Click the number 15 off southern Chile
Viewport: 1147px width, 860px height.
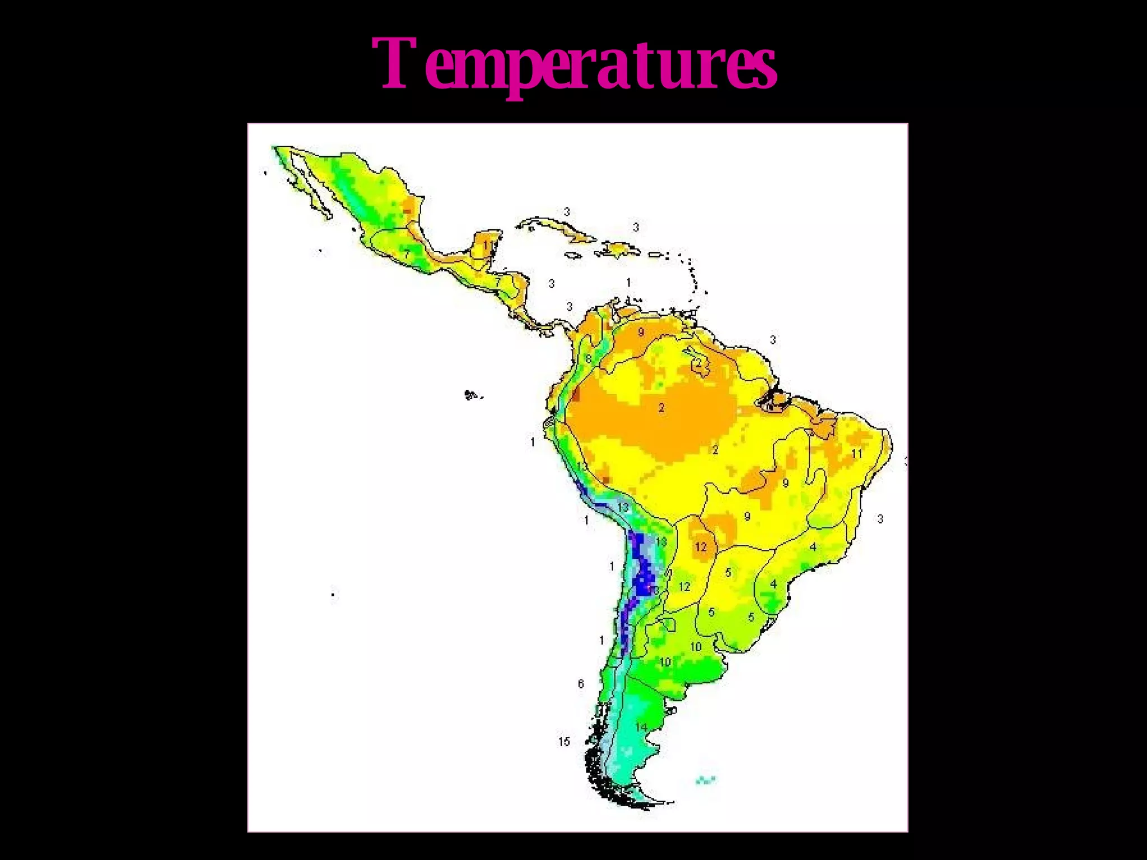564,741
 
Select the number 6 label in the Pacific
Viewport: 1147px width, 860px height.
581,684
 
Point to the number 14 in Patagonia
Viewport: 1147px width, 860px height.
641,727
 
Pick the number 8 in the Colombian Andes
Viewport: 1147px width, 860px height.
589,359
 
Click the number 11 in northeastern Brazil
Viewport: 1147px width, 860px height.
857,453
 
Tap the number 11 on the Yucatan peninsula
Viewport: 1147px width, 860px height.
488,245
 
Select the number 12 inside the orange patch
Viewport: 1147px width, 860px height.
701,546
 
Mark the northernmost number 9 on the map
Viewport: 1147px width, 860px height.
641,332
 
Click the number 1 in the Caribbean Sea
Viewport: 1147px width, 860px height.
628,282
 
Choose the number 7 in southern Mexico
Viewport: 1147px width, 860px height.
407,254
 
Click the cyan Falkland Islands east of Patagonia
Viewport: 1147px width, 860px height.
706,779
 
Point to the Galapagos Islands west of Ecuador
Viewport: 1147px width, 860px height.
472,395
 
